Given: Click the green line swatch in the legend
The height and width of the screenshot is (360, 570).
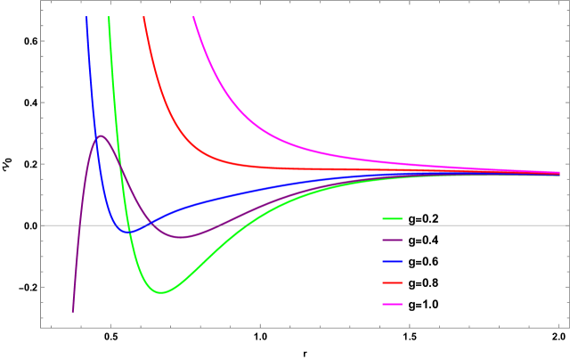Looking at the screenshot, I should [392, 218].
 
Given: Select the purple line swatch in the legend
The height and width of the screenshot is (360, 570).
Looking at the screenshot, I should [392, 240].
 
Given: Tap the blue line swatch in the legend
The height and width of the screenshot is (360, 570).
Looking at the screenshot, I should [392, 262].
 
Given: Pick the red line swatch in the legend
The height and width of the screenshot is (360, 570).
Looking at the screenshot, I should [392, 283].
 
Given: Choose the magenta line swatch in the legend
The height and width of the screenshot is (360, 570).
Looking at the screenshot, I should [392, 305].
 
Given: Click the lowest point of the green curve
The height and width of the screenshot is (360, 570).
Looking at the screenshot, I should [160, 292].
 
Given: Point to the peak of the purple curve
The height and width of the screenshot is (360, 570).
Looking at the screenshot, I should [101, 135].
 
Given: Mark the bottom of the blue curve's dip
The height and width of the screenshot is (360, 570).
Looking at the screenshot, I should [129, 232].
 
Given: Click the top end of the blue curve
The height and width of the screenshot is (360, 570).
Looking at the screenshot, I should [86, 17].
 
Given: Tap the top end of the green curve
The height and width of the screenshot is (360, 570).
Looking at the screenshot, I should [109, 17].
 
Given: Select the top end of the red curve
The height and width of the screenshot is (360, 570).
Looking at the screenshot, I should [143, 17].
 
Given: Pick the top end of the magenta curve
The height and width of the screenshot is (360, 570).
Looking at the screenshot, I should [193, 17].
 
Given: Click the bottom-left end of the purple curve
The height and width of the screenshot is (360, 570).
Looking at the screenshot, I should [72, 312].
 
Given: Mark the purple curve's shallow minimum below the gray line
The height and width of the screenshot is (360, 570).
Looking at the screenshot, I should [182, 237].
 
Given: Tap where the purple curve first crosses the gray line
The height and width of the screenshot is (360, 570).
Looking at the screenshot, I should [79, 225].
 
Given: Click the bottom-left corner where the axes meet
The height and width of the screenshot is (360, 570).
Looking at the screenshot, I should [40, 327].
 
